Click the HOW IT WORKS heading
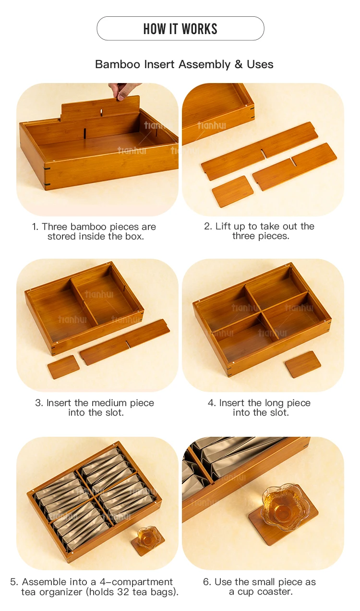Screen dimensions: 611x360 (x=180, y=29)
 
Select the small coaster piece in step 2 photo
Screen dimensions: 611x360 (x=232, y=191)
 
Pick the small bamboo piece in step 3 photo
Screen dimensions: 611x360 (x=63, y=367)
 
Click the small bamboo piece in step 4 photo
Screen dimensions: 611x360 (x=302, y=364)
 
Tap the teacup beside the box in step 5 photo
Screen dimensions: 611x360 (x=147, y=536)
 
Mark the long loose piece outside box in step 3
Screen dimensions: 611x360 (x=124, y=342)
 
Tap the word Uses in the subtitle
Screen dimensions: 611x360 (x=260, y=64)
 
